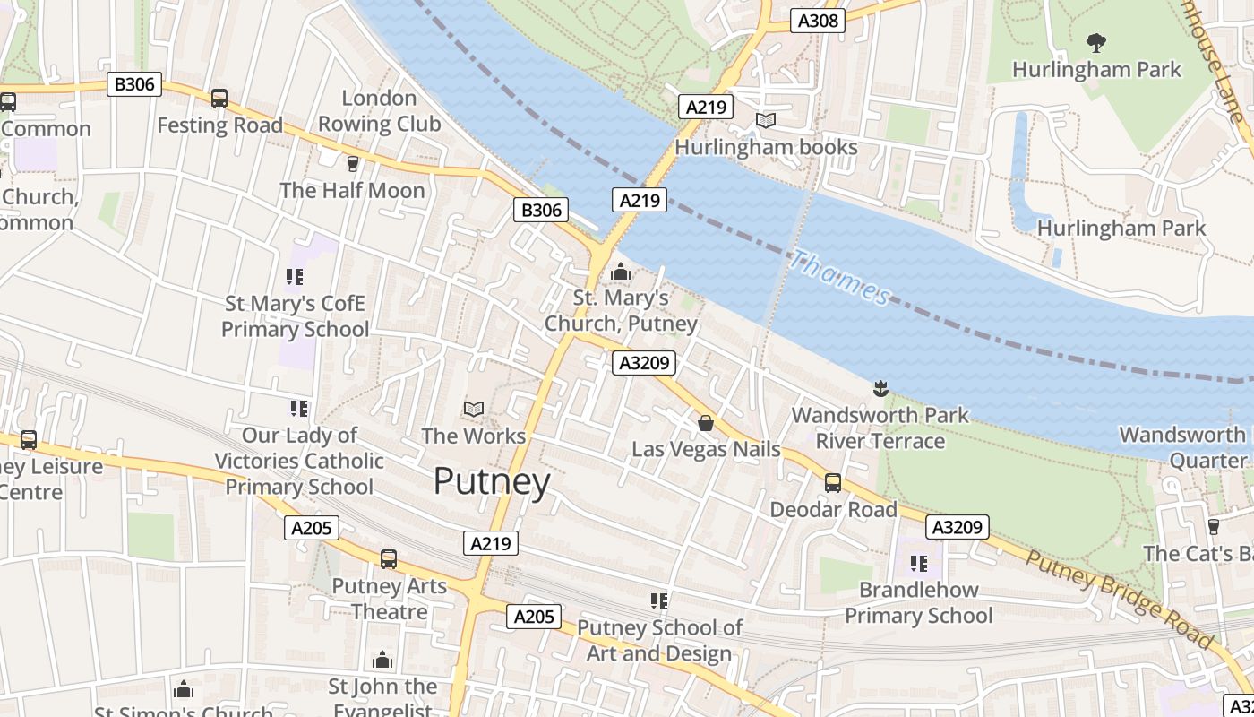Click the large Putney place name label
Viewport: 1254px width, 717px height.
pyautogui.click(x=492, y=482)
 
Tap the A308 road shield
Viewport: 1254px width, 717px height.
pyautogui.click(x=818, y=20)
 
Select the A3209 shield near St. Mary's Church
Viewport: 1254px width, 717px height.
pyautogui.click(x=643, y=363)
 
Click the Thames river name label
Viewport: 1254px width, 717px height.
pyautogui.click(x=839, y=277)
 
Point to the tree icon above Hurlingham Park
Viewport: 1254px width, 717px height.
pyautogui.click(x=1095, y=42)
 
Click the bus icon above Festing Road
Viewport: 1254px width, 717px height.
pyautogui.click(x=219, y=99)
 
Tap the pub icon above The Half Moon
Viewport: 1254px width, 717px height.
pyautogui.click(x=352, y=163)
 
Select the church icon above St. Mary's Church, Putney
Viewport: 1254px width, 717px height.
pyautogui.click(x=620, y=271)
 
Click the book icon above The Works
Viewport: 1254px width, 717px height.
pyautogui.click(x=473, y=410)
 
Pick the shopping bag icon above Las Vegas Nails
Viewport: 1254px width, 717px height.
pyautogui.click(x=706, y=423)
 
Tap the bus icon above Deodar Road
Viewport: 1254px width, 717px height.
pyautogui.click(x=833, y=483)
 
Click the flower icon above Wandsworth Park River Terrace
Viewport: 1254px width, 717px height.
pyautogui.click(x=880, y=388)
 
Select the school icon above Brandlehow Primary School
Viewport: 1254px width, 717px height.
pyautogui.click(x=919, y=564)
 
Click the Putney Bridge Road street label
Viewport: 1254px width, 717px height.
pyautogui.click(x=1119, y=600)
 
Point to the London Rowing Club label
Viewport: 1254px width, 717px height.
pyautogui.click(x=380, y=111)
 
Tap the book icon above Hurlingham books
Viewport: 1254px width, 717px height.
pyautogui.click(x=766, y=120)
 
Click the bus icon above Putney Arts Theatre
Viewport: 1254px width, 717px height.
pyautogui.click(x=389, y=559)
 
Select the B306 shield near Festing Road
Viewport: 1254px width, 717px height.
pyautogui.click(x=135, y=85)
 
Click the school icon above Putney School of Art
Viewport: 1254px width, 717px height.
pyautogui.click(x=660, y=601)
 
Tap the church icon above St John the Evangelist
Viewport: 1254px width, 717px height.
pyautogui.click(x=382, y=661)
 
